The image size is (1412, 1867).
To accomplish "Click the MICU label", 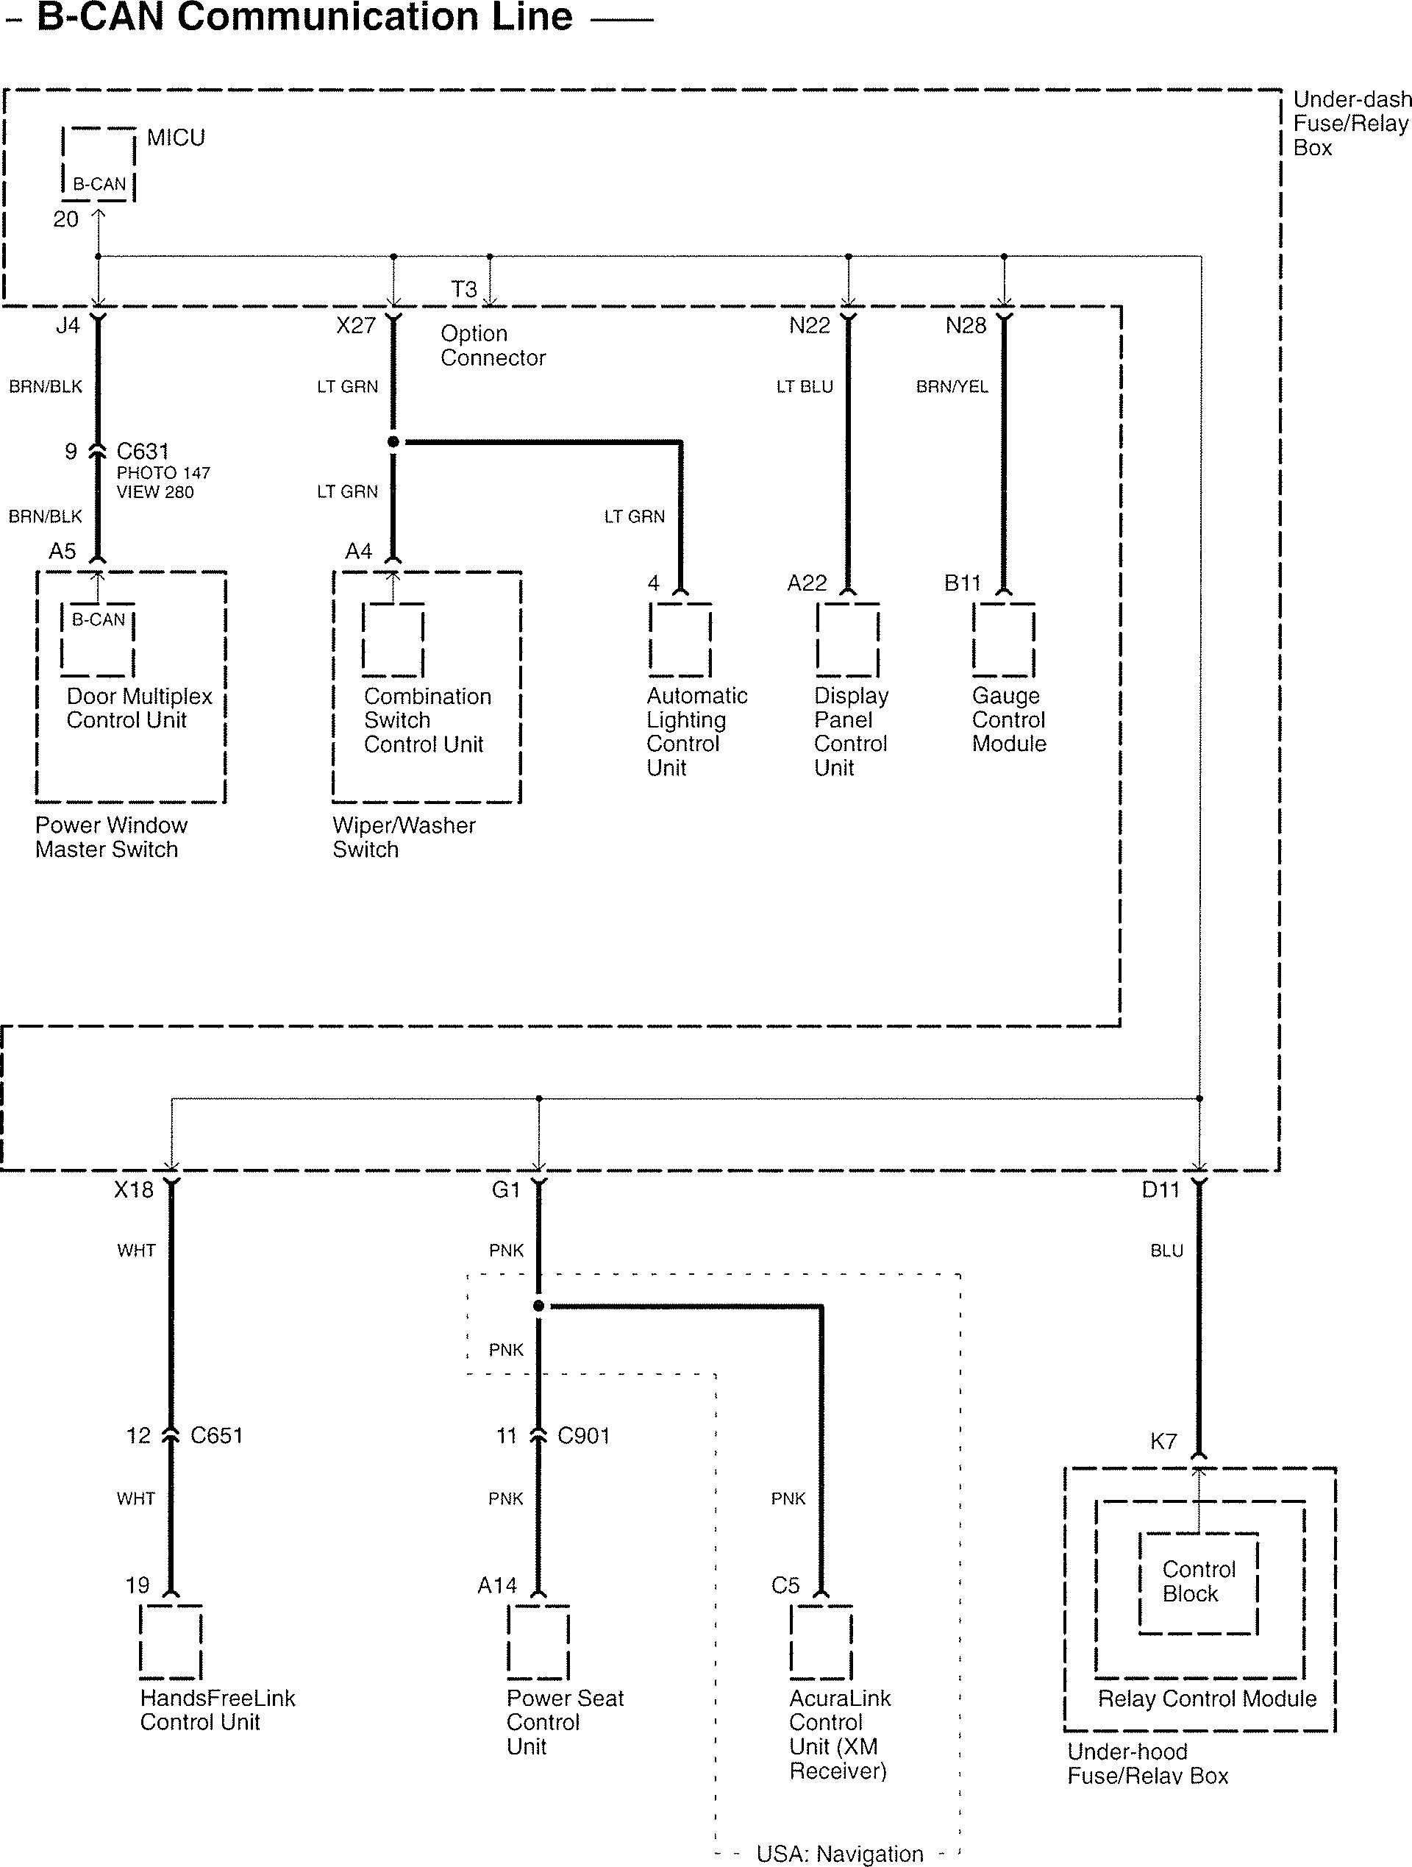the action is [x=176, y=138].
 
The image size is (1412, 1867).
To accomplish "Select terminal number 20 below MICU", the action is [x=66, y=219].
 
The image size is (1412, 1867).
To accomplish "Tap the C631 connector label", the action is [x=143, y=452].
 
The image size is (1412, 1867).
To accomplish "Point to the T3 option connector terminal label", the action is [x=464, y=290].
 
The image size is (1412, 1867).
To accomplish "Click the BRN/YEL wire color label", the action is [x=952, y=386].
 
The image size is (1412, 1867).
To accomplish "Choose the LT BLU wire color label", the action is [x=805, y=386].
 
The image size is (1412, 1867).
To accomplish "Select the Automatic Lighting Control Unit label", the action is [x=697, y=732].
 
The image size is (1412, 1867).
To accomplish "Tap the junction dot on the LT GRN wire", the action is [x=393, y=441].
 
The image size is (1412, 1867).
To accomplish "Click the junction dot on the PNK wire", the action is [x=539, y=1306].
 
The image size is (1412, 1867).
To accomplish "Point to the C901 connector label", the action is [x=584, y=1436].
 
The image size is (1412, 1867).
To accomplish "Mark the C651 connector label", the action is [x=217, y=1436].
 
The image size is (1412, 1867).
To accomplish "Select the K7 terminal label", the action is [x=1163, y=1442].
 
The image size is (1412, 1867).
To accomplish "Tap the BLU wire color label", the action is [x=1166, y=1251].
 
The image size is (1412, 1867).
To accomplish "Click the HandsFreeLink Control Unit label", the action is [x=218, y=1710].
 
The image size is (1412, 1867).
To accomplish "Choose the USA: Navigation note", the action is [x=840, y=1854].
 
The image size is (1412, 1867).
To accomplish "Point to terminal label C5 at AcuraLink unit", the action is [x=785, y=1586].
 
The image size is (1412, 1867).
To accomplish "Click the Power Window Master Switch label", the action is [x=111, y=837].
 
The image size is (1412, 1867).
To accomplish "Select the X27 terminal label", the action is [x=355, y=326].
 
